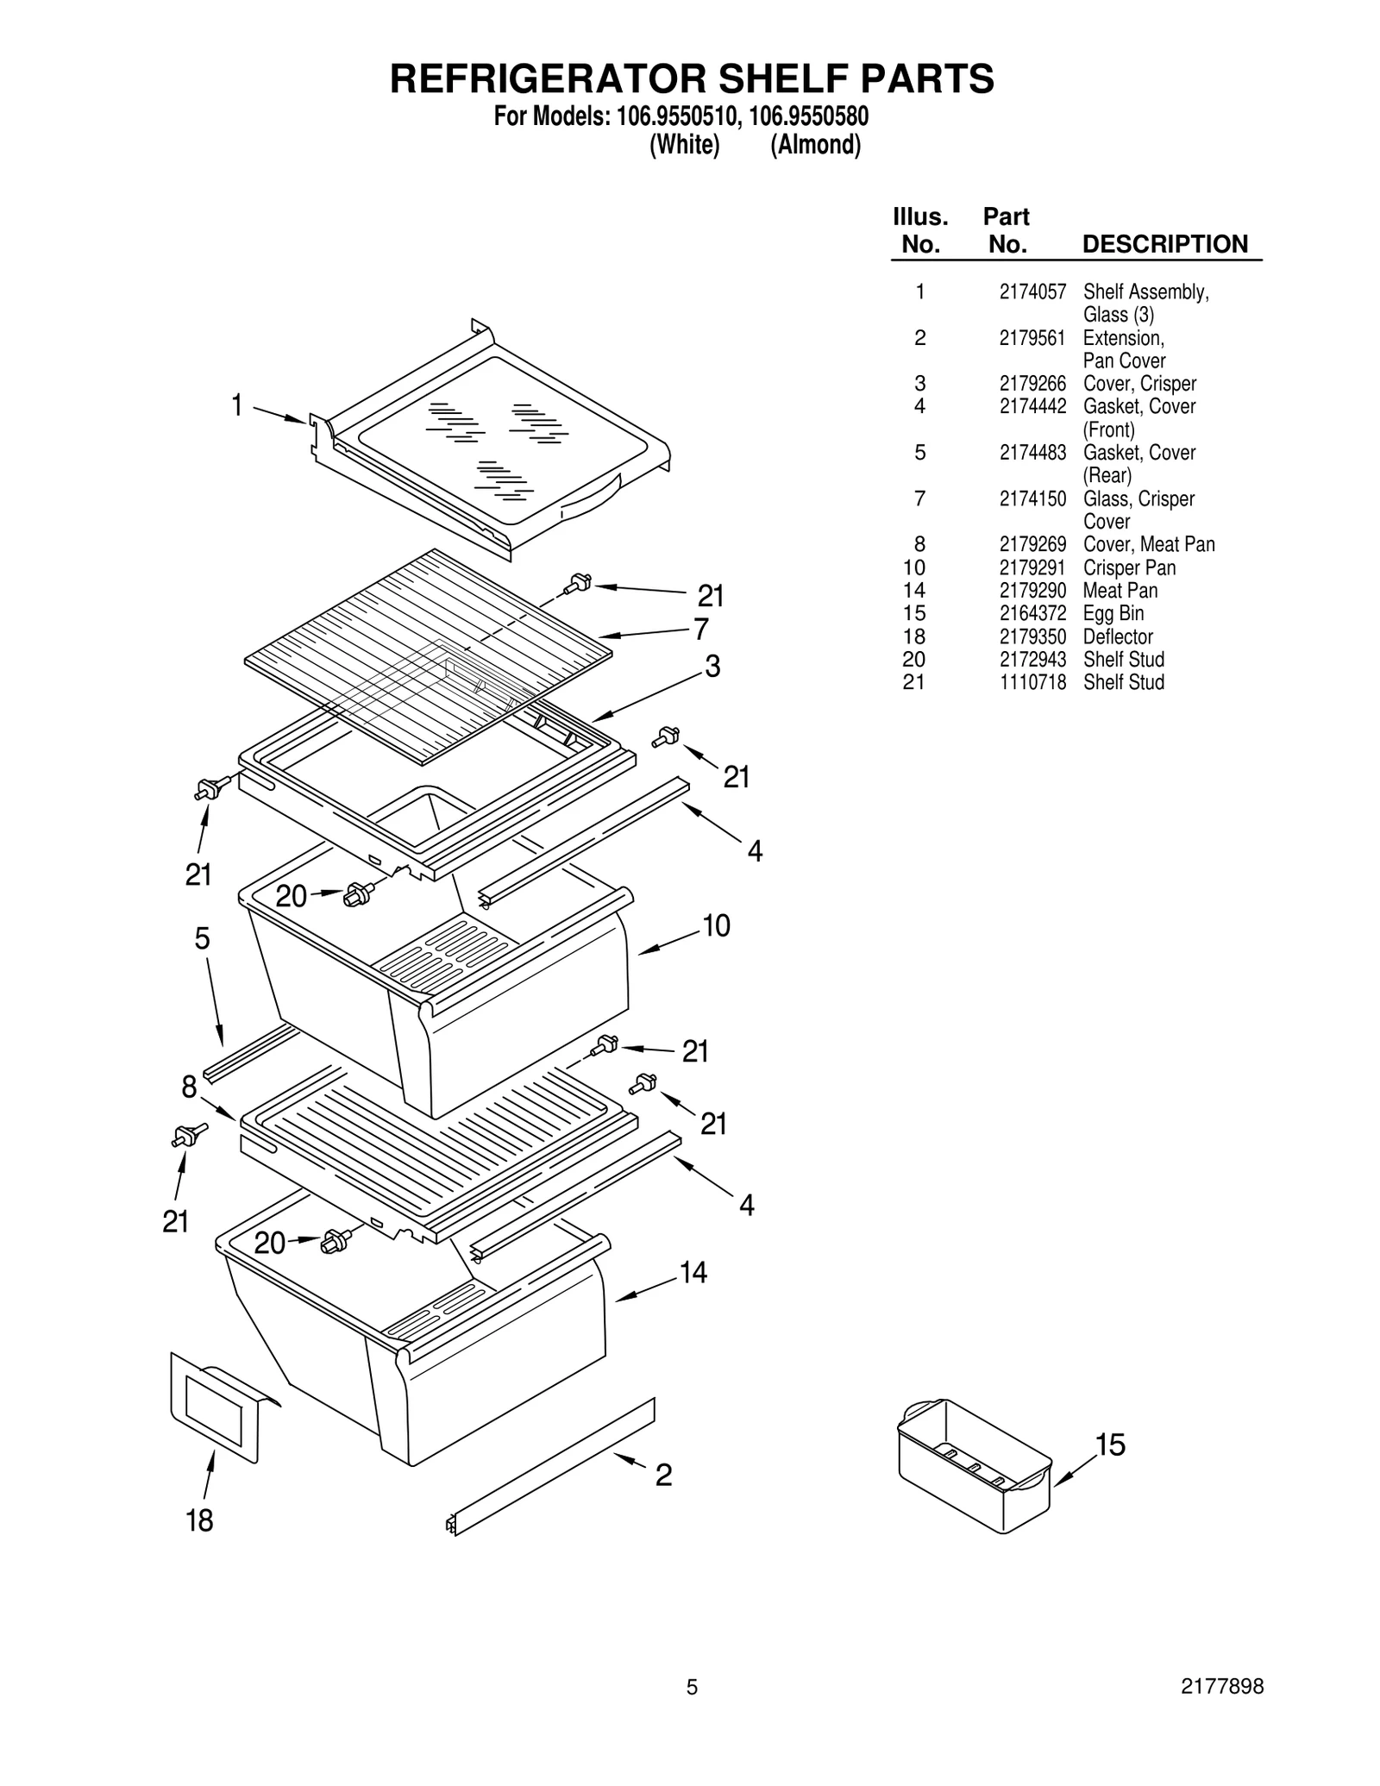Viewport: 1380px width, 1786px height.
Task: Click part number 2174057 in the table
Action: click(x=1032, y=292)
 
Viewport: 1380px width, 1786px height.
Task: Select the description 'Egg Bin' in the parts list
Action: click(x=1113, y=613)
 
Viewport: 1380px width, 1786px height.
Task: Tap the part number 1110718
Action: click(x=1032, y=682)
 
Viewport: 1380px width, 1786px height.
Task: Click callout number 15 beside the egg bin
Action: click(x=1110, y=1444)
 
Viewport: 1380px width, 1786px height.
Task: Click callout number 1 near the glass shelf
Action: click(x=236, y=404)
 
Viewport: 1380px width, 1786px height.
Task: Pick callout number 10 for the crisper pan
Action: click(x=716, y=925)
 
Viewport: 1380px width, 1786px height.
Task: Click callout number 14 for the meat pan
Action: click(x=693, y=1272)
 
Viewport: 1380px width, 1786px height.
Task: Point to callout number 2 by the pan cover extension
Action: click(x=662, y=1476)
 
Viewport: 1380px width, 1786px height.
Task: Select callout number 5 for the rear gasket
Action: click(x=202, y=938)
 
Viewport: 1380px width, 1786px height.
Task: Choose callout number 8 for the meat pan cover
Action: click(x=189, y=1087)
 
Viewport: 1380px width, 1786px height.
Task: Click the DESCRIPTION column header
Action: click(x=1164, y=244)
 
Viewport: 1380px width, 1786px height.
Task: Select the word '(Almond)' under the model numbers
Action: click(x=815, y=145)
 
